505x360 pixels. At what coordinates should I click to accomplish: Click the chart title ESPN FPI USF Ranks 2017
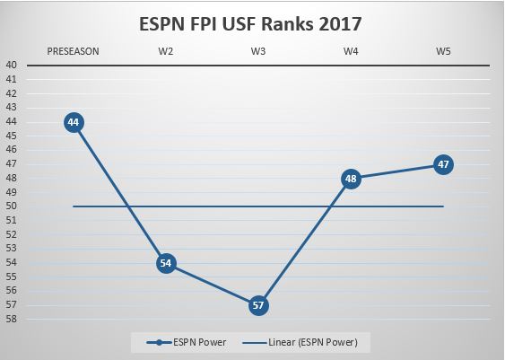[x=251, y=21]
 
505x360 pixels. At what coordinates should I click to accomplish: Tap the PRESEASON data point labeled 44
[x=74, y=122]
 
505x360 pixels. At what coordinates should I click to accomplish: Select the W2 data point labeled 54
[x=166, y=263]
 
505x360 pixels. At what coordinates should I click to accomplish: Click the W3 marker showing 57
[x=258, y=305]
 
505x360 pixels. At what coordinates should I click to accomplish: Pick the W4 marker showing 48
[x=351, y=179]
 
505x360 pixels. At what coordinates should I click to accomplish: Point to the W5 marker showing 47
[x=442, y=164]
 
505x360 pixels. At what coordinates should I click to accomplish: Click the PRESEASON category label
[x=74, y=51]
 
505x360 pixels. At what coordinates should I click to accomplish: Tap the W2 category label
[x=166, y=51]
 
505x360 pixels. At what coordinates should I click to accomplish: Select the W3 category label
[x=258, y=51]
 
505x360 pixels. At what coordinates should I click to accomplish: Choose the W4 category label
[x=351, y=51]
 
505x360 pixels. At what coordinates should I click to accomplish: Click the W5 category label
[x=442, y=51]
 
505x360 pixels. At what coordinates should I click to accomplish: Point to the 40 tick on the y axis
[x=12, y=66]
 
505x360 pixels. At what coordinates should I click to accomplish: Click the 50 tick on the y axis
[x=12, y=206]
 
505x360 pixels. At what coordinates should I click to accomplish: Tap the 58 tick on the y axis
[x=12, y=319]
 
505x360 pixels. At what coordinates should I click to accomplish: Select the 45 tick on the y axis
[x=12, y=136]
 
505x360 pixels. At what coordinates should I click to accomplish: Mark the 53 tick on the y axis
[x=12, y=249]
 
